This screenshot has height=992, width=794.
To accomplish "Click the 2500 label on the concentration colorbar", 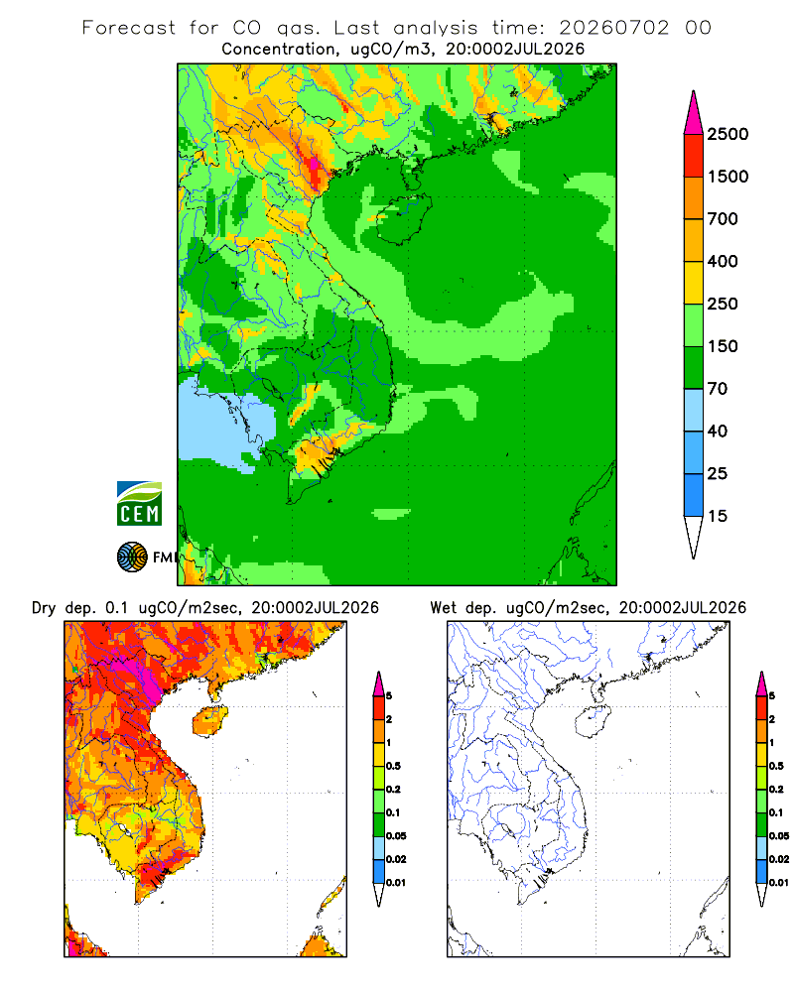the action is point(728,134).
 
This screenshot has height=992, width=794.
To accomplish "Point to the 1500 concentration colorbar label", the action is point(728,177).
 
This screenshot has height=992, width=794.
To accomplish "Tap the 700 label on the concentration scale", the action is point(723,219).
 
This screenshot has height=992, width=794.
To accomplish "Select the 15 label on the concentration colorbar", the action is point(718,516).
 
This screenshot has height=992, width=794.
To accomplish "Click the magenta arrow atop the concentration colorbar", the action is point(694,114).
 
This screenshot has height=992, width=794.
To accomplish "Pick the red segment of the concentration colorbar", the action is point(694,156).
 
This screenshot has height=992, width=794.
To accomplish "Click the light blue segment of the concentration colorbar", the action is point(694,410).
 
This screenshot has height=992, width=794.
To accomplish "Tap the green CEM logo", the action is point(139,504).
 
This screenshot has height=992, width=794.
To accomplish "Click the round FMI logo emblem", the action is point(132,558).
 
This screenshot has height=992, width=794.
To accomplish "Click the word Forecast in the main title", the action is point(129,28).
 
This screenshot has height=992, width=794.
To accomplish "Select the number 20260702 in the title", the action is point(613,28).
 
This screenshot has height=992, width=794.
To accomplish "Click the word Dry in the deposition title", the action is point(44,608).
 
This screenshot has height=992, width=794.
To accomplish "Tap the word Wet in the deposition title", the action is point(443,608).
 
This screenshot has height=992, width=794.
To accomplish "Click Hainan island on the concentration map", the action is point(405,219).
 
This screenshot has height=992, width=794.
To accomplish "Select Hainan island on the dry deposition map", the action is point(209,721).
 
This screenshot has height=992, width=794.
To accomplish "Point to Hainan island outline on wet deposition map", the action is point(593,721).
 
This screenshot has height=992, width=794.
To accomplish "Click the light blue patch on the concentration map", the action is point(221,421).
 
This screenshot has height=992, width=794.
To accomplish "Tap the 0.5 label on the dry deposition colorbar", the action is point(393,766).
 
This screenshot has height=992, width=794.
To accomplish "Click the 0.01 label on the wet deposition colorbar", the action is point(779,883).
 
